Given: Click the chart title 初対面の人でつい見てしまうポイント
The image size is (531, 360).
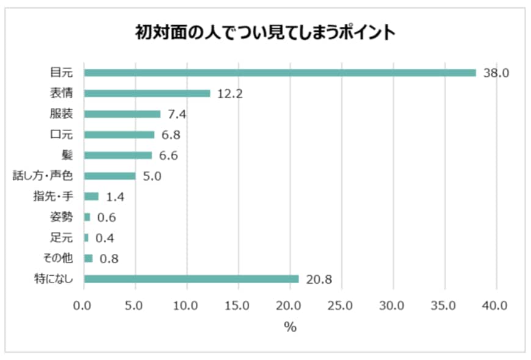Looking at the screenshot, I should click(265, 32).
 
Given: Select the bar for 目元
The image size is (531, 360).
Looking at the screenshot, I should click(280, 73).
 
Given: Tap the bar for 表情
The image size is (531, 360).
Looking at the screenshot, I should click(146, 93).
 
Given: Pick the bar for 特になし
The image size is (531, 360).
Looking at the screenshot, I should click(191, 279).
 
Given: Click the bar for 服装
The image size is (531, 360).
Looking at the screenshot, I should click(122, 114).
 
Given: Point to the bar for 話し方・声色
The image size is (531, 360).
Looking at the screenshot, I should click(109, 176).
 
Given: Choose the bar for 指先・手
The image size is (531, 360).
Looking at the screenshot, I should click(91, 196).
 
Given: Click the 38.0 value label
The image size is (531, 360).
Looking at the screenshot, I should click(495, 73).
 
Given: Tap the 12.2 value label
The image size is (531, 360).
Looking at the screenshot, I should click(229, 94).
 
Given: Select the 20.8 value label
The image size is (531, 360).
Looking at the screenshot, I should click(319, 279).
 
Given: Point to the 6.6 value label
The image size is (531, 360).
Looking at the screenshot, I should click(168, 156).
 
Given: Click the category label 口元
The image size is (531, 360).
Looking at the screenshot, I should click(60, 135).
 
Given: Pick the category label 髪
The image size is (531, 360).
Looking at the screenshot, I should click(67, 156).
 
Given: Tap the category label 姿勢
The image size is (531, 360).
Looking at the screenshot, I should click(60, 217).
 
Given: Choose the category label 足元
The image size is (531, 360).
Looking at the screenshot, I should click(60, 238).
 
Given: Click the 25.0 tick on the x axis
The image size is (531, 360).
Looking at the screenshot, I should click(342, 305).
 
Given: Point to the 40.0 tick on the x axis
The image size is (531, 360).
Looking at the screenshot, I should click(496, 305).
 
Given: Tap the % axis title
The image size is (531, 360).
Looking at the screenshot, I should click(290, 327).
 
